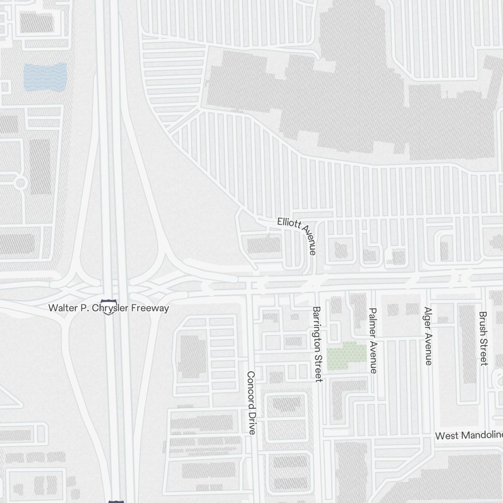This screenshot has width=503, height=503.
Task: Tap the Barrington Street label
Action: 317,344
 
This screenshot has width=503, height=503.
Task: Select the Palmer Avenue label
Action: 373,341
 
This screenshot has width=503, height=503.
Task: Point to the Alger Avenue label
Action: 428,336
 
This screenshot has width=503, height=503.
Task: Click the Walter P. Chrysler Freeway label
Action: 109,307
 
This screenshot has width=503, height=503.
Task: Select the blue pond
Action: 45,75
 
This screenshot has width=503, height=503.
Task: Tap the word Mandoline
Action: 482,435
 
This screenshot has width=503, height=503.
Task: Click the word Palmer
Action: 373,325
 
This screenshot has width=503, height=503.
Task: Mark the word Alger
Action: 428,320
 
